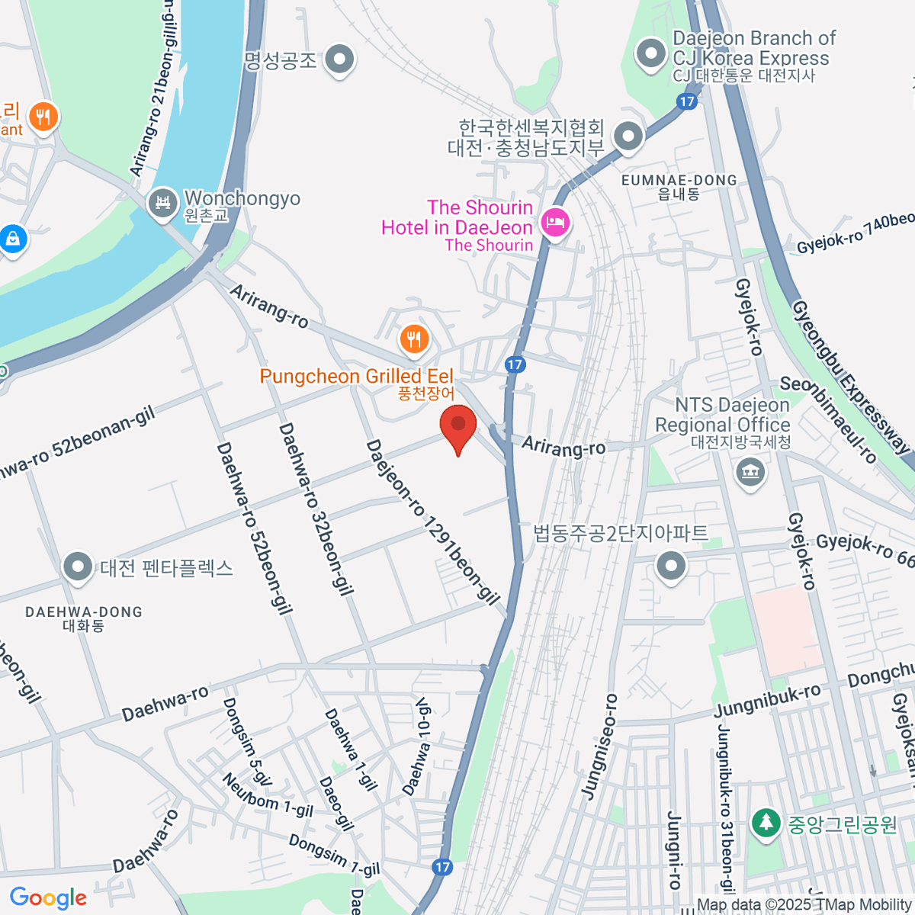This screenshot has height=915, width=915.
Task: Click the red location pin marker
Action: click(x=458, y=425)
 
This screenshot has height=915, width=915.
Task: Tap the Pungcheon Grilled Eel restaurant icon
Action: click(x=414, y=339)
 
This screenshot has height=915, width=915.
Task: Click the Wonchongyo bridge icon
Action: click(x=162, y=204)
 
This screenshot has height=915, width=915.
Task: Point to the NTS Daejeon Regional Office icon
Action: click(x=750, y=471)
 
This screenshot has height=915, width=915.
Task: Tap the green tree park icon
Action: click(x=765, y=823)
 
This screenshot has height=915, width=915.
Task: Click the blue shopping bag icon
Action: click(x=13, y=239)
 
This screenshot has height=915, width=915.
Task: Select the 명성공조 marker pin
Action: click(x=339, y=59)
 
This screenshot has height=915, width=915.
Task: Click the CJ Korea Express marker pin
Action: click(x=650, y=55)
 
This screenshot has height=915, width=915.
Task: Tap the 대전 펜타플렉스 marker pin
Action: click(x=78, y=568)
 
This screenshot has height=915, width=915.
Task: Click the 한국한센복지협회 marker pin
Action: click(x=628, y=137)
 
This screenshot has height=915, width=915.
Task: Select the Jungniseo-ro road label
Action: click(x=599, y=746)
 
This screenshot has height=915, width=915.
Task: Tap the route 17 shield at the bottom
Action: click(x=442, y=867)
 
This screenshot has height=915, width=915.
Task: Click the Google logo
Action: click(x=49, y=897)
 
